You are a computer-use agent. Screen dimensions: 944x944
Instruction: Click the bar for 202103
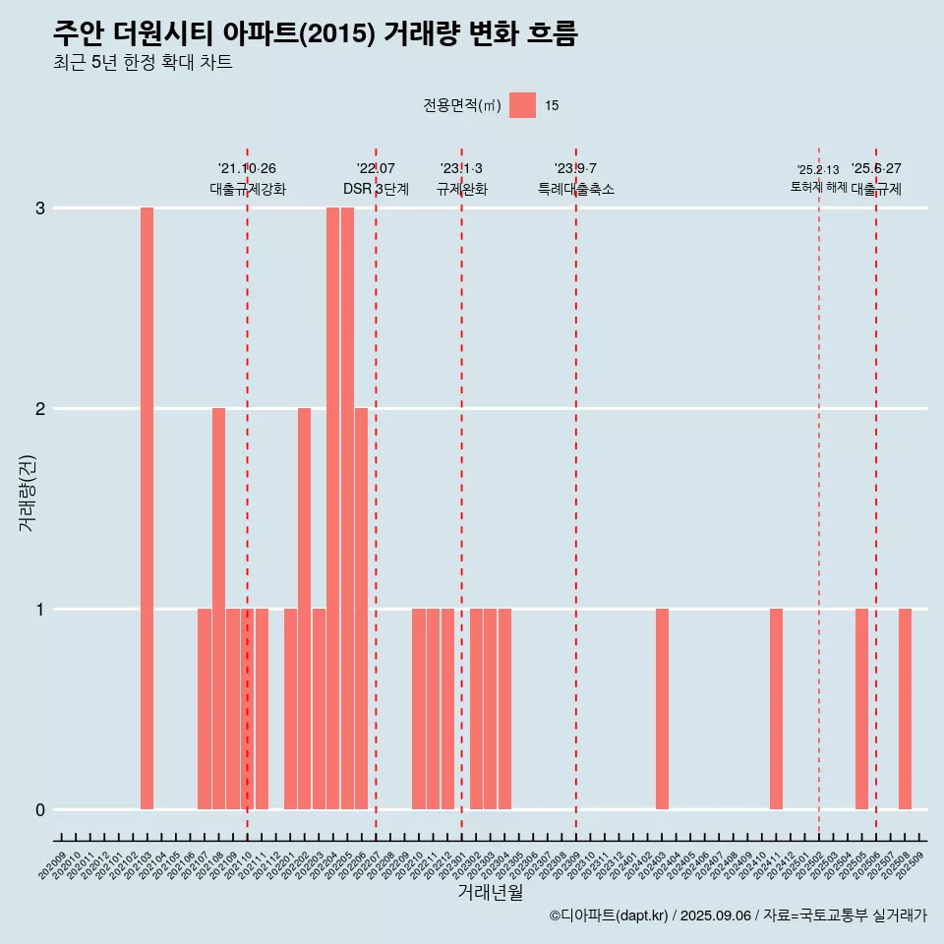pos(147,508)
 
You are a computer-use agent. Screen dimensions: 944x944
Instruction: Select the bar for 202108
pos(218,609)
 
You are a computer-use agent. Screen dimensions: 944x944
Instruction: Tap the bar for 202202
pos(304,609)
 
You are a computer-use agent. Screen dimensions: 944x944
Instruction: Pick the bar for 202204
pos(332,508)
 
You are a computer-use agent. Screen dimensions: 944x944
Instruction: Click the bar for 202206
pos(361,609)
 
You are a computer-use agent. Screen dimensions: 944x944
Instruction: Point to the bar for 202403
pos(662,709)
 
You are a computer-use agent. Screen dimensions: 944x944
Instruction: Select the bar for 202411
pos(776,709)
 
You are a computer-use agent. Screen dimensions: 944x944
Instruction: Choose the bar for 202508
pos(905,709)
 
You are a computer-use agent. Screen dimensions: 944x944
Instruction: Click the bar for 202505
pos(861,709)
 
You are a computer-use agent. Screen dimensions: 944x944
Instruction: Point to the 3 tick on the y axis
pos(40,208)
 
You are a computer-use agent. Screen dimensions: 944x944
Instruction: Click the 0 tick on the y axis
pos(40,810)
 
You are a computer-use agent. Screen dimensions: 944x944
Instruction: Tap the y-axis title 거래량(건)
pos(27,492)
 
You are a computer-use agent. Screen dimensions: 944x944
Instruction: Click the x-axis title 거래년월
pos(490,893)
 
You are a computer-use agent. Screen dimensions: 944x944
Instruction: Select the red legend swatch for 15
pos(522,105)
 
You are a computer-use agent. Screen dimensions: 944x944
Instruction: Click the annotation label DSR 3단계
pos(376,189)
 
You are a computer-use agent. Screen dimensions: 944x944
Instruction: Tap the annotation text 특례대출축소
pos(576,189)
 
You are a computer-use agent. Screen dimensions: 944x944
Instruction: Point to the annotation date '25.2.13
pos(818,170)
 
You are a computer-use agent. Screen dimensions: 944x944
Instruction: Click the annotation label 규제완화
pos(462,189)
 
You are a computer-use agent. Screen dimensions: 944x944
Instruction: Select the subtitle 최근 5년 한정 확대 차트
pos(143,63)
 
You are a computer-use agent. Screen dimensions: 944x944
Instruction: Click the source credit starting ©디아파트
pos(737,915)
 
